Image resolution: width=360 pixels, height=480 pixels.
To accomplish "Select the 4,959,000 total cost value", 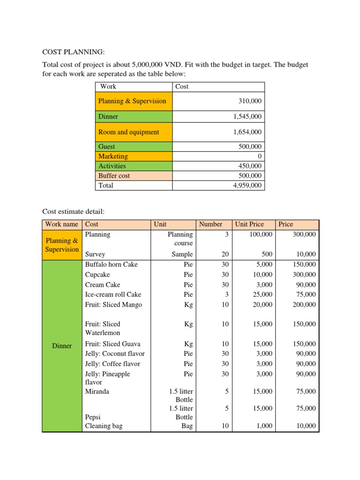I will click(x=247, y=186).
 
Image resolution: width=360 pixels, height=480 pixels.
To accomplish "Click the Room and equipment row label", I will click(x=128, y=132).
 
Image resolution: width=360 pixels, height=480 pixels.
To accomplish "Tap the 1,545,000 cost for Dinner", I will click(x=247, y=117).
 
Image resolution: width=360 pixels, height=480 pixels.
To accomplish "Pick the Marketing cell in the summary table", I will click(x=113, y=156).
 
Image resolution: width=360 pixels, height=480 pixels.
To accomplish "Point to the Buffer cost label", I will click(x=114, y=176).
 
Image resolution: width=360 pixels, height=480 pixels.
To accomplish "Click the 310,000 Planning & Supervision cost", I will click(x=251, y=101).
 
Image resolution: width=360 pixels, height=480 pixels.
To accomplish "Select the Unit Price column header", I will click(x=249, y=225).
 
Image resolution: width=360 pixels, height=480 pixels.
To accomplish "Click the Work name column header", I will click(x=61, y=225).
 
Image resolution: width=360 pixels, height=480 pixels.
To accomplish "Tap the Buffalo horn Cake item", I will click(x=111, y=264).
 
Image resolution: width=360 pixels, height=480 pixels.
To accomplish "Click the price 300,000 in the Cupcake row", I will click(x=304, y=275).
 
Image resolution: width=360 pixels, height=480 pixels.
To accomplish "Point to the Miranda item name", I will click(x=97, y=391).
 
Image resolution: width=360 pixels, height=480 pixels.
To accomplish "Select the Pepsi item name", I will click(x=93, y=417).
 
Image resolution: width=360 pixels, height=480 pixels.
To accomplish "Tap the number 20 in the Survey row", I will click(x=225, y=255).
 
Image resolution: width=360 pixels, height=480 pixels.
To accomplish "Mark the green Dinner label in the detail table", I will click(x=62, y=346).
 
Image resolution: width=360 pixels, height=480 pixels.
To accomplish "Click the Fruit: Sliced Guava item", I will click(x=112, y=344).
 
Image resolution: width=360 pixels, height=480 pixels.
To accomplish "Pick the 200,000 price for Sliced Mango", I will click(x=304, y=305).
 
